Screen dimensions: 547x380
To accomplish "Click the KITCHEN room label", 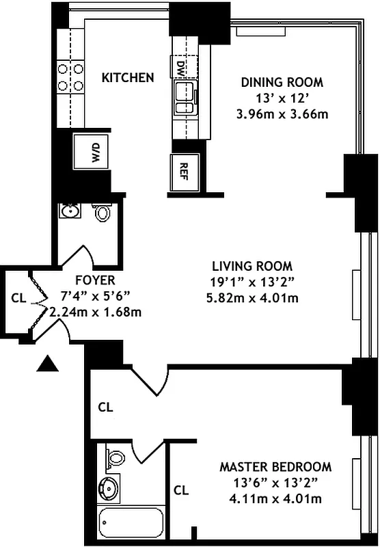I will tap(128, 77).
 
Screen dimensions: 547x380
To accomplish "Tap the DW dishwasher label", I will tap(181, 68).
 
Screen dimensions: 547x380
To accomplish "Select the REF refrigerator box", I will tap(184, 168).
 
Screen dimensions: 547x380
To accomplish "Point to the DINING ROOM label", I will tap(282, 83).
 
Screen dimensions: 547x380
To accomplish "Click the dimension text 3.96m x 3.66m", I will tap(282, 114).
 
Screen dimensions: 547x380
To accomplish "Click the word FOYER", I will tap(95, 280).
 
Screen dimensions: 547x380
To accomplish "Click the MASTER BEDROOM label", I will tap(275, 467).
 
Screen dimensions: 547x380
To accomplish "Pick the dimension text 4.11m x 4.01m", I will tap(275, 498).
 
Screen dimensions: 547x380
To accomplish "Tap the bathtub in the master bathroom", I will tap(131, 524).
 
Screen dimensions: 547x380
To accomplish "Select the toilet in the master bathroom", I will tap(116, 457).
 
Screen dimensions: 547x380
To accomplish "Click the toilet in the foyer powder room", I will tap(103, 213).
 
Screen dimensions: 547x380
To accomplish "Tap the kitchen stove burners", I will tap(70, 77).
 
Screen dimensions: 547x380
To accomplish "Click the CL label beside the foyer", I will tap(18, 298).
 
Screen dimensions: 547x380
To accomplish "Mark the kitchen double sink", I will tap(184, 98).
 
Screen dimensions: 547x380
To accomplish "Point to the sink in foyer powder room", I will tap(69, 211).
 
